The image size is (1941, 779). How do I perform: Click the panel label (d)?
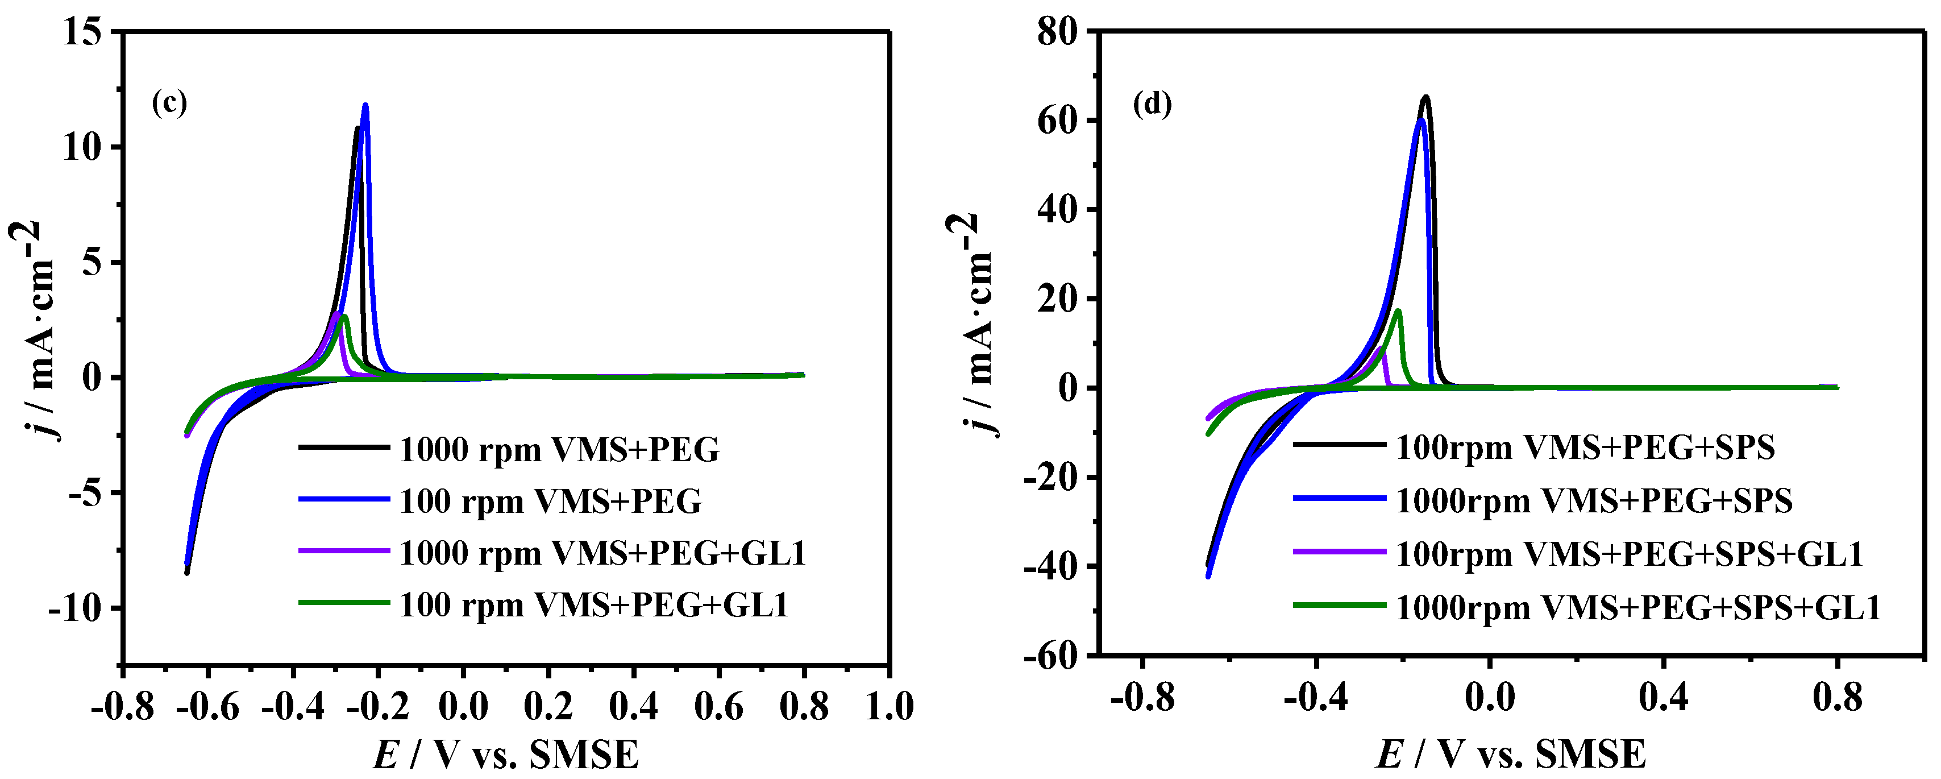[1152, 103]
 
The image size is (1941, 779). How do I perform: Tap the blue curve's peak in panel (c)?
[365, 106]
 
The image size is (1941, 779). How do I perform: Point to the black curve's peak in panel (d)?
[1425, 97]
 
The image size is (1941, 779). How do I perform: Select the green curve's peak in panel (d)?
[1398, 310]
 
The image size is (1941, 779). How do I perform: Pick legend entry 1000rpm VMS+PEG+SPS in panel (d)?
[1594, 501]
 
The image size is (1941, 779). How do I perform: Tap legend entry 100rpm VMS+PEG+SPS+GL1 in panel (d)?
[1629, 554]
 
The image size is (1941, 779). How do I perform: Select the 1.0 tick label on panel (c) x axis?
[889, 707]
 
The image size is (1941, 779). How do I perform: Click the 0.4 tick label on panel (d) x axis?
[1663, 698]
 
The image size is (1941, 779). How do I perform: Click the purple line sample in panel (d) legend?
[1339, 552]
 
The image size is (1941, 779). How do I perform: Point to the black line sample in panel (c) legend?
[344, 447]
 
